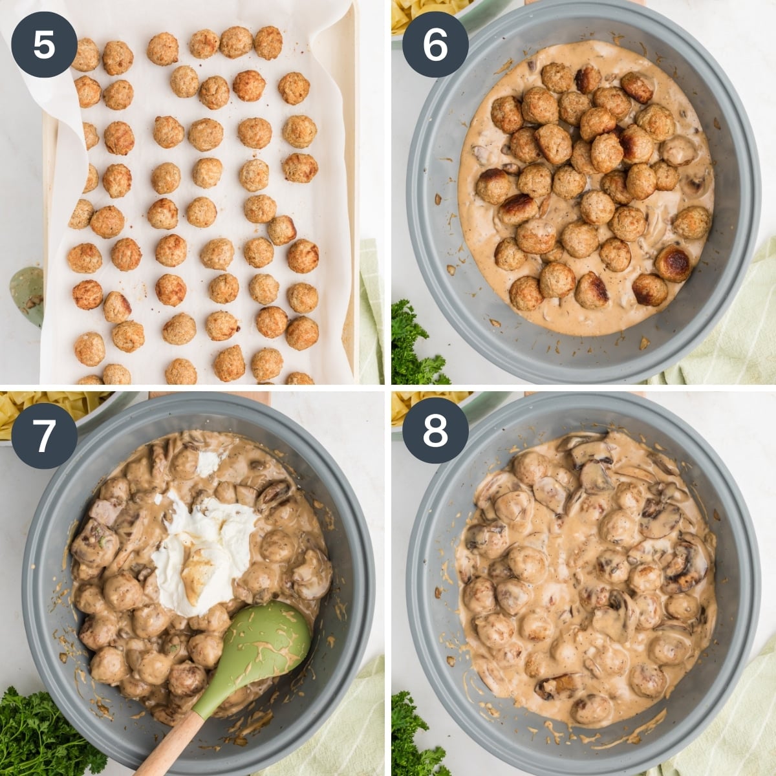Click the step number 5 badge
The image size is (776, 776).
coord(44,45)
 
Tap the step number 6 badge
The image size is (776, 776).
coord(435,45)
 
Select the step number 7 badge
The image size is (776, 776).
coord(44,435)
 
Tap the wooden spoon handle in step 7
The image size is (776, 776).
coord(169,744)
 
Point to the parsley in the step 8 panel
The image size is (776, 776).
coord(414,737)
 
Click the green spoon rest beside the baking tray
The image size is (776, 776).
coord(26,294)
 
